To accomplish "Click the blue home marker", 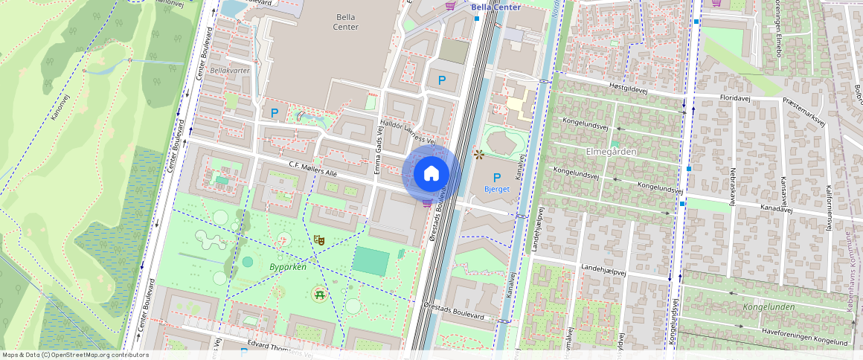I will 431,173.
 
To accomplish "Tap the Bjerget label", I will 496,189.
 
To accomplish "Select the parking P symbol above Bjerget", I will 496,177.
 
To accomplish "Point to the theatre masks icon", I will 319,240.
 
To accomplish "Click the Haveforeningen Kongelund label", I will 804,336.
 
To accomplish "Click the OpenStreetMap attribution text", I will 75,355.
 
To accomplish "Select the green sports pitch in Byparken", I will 370,262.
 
